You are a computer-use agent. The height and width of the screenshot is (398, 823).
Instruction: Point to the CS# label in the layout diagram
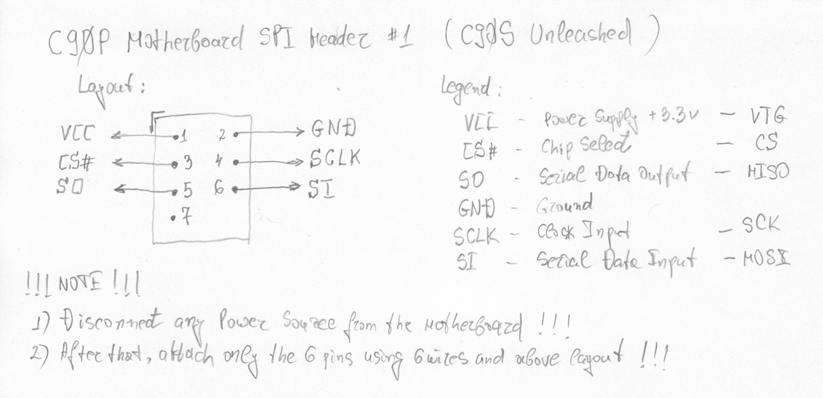(76, 162)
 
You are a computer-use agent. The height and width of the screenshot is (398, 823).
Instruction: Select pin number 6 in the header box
(218, 189)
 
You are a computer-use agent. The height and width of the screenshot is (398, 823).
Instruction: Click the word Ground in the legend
(564, 203)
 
